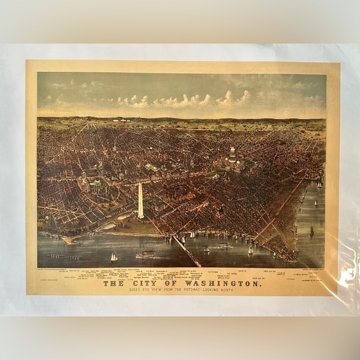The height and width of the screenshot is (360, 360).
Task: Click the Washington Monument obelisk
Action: point(140,200)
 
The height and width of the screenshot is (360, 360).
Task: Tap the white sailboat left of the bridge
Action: point(114,257)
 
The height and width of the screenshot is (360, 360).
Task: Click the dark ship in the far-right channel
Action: point(311,231)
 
